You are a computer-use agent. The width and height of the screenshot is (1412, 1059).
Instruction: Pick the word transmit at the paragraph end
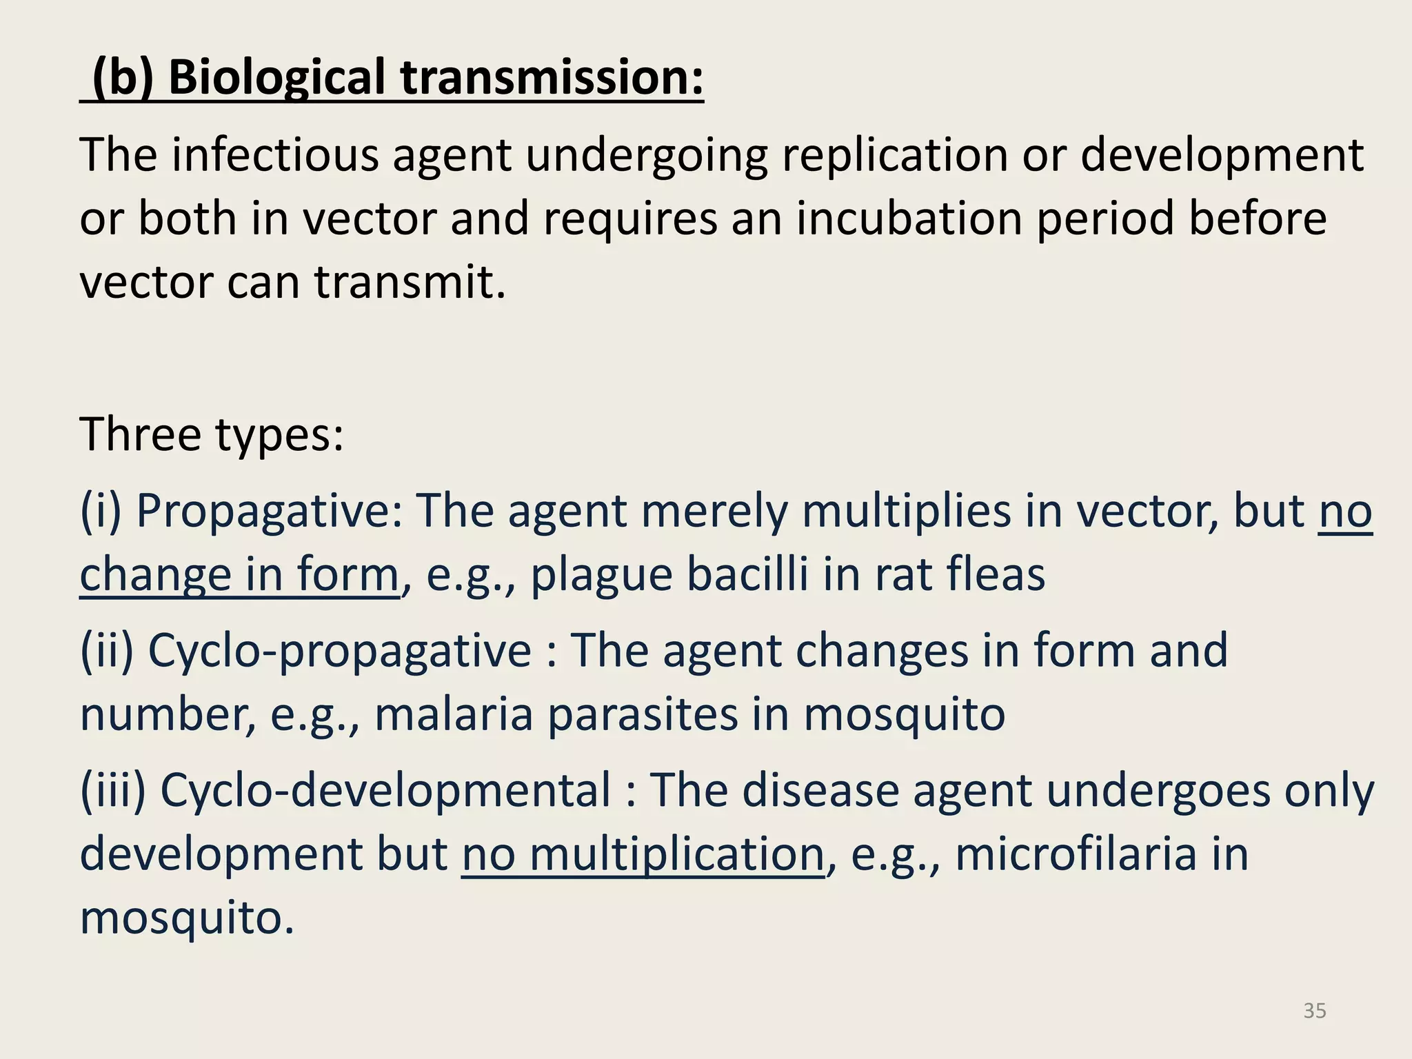click(410, 282)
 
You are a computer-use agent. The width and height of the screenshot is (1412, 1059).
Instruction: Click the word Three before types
click(141, 434)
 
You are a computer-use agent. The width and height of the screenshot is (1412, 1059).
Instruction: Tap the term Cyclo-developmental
click(385, 790)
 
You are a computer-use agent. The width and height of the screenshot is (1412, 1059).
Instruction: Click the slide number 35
click(1315, 1011)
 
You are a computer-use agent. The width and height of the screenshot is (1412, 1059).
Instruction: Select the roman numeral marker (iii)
click(113, 790)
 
